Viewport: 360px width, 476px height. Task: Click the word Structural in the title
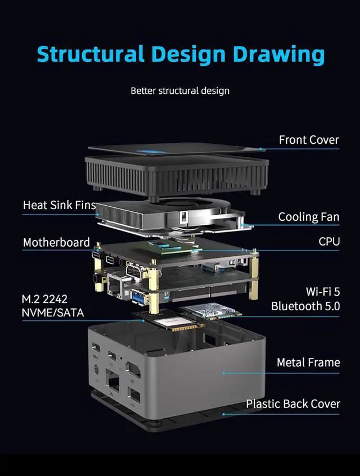(x=90, y=55)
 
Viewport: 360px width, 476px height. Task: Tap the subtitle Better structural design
(x=180, y=90)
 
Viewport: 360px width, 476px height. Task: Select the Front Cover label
(x=309, y=140)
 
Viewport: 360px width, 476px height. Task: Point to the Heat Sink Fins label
(x=60, y=205)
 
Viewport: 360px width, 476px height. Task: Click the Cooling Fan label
(x=309, y=217)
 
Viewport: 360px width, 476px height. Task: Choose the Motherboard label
(x=56, y=243)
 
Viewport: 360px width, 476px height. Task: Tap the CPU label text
(x=329, y=242)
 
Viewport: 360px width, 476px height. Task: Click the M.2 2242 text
(x=44, y=299)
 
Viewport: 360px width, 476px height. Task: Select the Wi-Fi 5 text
(x=322, y=292)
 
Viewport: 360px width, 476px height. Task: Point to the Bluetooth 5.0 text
(x=305, y=306)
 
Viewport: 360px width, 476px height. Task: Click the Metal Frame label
(x=308, y=362)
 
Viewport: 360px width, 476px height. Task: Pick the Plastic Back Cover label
(x=293, y=404)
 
